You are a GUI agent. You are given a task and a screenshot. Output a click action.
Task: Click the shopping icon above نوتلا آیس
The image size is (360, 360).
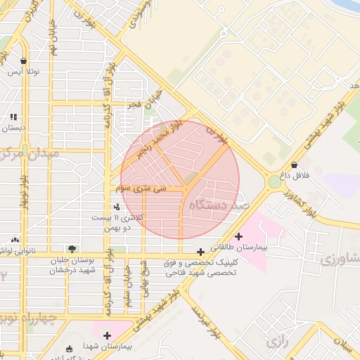pyautogui.click(x=25, y=61)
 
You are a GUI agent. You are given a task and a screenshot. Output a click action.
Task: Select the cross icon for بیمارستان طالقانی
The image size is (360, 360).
pyautogui.click(x=239, y=236)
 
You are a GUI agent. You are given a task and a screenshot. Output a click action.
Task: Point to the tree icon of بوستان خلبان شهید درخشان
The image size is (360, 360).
pyautogui.click(x=71, y=248)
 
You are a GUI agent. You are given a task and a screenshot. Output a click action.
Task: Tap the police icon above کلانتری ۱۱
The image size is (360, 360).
pyautogui.click(x=117, y=207)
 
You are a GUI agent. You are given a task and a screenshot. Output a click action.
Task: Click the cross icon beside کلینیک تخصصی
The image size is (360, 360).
pyautogui.click(x=201, y=251)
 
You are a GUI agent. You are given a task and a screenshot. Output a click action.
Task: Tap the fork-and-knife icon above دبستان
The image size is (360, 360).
pyautogui.click(x=13, y=117)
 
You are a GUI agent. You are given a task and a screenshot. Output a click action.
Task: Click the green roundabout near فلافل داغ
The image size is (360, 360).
pyautogui.click(x=274, y=182)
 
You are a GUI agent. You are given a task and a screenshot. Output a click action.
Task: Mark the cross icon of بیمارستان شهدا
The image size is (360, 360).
pyautogui.click(x=107, y=335)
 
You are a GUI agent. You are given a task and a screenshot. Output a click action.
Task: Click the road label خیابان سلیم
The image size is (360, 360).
pyautogui.click(x=128, y=279)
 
